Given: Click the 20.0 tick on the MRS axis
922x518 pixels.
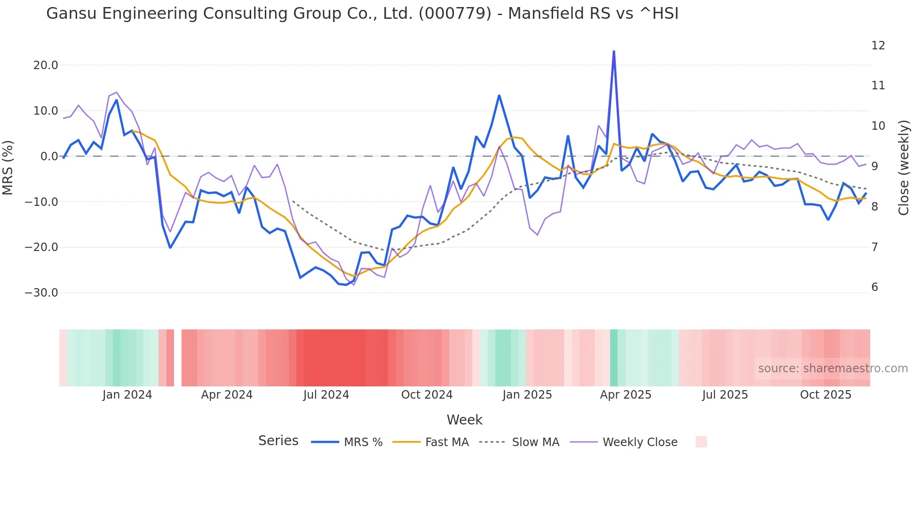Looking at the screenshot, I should [45, 65].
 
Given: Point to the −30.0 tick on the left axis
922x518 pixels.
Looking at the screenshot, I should [41, 293].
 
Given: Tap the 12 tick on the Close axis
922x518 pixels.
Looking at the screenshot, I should [878, 46].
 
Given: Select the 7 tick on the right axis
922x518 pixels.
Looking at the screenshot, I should [874, 247].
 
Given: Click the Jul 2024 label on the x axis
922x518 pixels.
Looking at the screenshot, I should [326, 395].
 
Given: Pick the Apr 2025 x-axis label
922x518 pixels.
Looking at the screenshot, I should [625, 395].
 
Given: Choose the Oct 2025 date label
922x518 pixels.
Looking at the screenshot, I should [826, 395].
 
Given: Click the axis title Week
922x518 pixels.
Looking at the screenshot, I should [464, 420].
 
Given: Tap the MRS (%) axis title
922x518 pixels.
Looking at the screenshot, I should [8, 168].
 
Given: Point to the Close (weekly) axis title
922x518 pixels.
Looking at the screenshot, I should [903, 168].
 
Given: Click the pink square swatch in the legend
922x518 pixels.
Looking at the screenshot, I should [701, 442].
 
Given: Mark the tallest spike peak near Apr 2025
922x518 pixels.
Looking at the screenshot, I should [614, 51].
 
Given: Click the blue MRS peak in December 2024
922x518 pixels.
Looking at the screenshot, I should [499, 96].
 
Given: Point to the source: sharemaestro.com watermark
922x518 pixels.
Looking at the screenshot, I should [833, 369].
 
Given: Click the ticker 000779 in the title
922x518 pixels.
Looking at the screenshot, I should [454, 14].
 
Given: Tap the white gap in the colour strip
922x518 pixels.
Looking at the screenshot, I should [178, 358].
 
